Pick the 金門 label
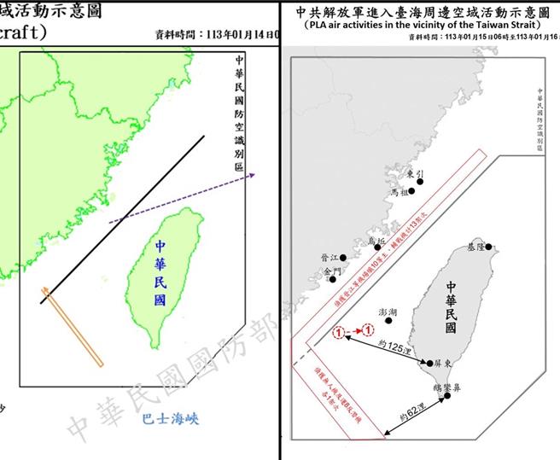pyautogui.click(x=331, y=271)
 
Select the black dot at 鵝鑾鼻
pyautogui.click(x=438, y=395)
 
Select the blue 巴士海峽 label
pyautogui.click(x=170, y=418)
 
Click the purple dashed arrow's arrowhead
pyautogui.click(x=254, y=178)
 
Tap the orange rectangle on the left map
pyautogui.click(x=73, y=329)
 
